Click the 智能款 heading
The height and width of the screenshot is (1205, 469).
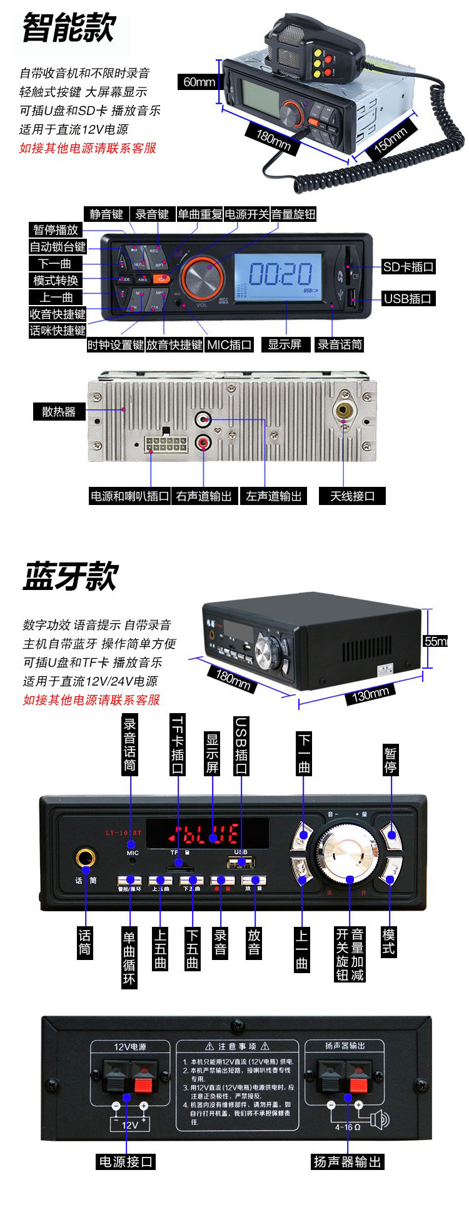[x=69, y=28]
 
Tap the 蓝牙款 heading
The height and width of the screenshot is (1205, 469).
[x=70, y=576]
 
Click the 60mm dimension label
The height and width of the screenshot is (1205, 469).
[x=199, y=82]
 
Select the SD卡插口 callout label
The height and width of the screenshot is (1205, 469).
[x=408, y=267]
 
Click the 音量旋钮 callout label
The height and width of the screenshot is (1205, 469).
[x=293, y=214]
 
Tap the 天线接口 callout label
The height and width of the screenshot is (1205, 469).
[x=352, y=496]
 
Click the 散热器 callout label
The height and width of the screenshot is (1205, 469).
[x=58, y=411]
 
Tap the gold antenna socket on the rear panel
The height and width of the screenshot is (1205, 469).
[x=344, y=410]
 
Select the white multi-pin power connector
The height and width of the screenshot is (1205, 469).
[x=166, y=444]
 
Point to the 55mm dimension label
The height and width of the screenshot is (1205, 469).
[x=436, y=641]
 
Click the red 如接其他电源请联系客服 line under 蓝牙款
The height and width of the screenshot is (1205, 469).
[x=91, y=699]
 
